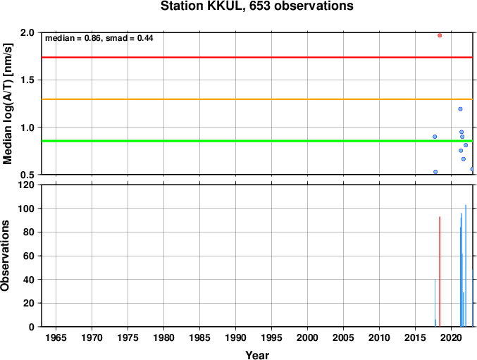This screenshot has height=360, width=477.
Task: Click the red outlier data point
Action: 440,35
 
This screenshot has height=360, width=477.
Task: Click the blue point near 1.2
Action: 460,109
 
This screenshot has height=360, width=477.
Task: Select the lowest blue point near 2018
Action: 435,172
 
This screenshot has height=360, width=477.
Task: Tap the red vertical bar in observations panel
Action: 440,271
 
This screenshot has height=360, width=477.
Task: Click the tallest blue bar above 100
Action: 466,266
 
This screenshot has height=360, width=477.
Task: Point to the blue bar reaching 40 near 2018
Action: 435,303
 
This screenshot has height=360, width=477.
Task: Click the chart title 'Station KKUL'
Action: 203,6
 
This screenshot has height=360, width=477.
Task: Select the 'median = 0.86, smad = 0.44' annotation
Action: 99,38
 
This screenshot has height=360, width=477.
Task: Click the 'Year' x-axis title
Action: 257,355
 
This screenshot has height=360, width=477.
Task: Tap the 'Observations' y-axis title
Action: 5,256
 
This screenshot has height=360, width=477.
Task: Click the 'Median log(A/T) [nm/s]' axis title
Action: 7,104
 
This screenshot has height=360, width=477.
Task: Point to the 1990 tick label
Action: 235,337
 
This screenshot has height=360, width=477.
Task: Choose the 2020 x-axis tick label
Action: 451,337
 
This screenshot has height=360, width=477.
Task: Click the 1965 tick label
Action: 56,337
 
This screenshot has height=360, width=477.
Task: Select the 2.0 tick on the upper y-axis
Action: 27,32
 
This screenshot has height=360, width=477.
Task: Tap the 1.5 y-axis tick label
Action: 27,80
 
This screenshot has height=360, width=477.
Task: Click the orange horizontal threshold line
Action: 257,99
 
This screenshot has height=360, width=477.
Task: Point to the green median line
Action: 257,141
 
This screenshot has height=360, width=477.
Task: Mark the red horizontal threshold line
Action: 257,57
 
